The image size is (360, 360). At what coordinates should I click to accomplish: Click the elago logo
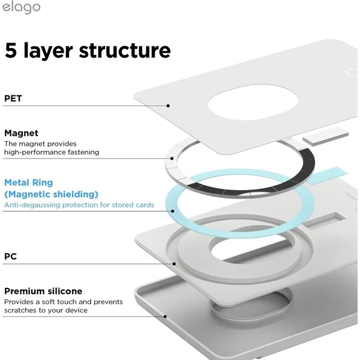coord(22,8)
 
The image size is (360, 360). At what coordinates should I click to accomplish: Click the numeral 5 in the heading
coord(11,50)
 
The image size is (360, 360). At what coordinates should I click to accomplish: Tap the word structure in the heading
coord(125,50)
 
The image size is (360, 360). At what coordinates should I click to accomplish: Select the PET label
coord(13,98)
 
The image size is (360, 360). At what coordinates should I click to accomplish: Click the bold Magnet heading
coord(22,133)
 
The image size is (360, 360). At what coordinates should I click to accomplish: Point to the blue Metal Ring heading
coord(29,183)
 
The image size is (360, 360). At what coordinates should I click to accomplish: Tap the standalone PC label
coord(11,256)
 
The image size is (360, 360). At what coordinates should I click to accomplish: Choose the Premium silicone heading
coord(43,291)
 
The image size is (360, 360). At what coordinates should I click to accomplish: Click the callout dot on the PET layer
coord(168,106)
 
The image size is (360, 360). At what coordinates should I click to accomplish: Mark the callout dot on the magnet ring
coord(172,158)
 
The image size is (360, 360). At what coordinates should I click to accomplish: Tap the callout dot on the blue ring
coord(173,211)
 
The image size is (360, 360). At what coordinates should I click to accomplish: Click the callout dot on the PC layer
coord(174,264)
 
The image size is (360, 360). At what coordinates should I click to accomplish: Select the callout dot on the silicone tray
coord(165,317)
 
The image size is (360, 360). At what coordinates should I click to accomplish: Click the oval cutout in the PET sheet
coord(253,102)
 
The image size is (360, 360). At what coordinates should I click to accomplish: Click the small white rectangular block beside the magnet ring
coord(326,136)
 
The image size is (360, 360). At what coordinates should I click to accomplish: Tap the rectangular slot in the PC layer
coord(324,220)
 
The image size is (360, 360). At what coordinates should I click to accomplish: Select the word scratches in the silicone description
coord(20,310)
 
